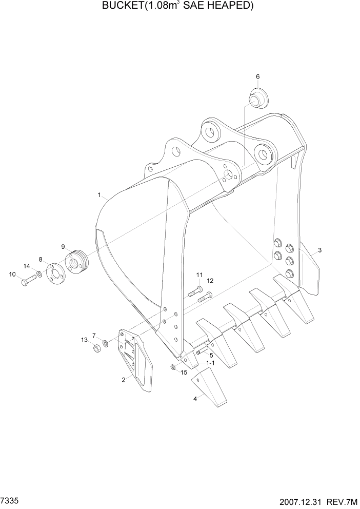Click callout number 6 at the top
tap(257, 76)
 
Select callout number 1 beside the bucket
tap(99, 195)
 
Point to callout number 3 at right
tap(319, 250)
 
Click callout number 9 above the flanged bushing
tap(64, 247)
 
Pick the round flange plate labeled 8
tap(54, 272)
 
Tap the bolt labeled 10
tap(26, 281)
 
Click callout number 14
tap(27, 266)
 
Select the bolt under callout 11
tap(194, 292)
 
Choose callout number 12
tap(210, 281)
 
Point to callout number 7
tap(94, 336)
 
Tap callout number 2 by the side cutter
tap(123, 380)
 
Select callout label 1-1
tap(210, 363)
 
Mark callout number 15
tap(184, 372)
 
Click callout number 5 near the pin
tap(211, 355)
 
